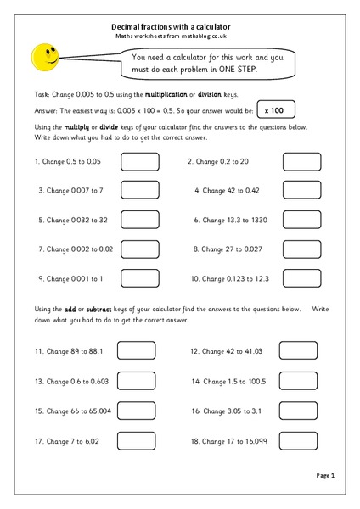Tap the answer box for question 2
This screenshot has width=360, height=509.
tap(301, 161)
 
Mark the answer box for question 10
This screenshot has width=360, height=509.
tap(301, 277)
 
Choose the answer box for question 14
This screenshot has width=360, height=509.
tap(298, 381)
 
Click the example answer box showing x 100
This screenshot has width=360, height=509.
tap(275, 109)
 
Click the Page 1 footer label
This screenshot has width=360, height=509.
tap(326, 475)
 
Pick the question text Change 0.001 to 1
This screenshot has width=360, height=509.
tap(70, 278)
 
